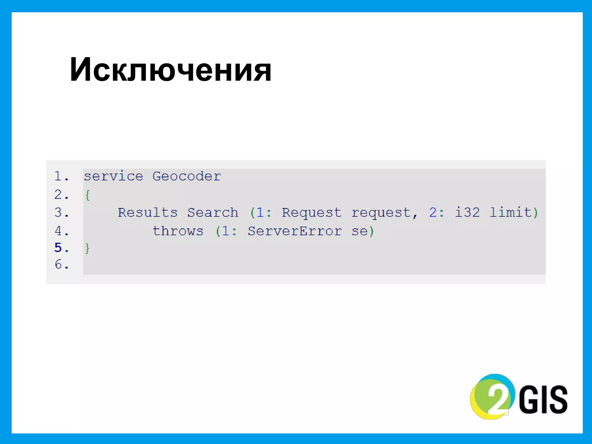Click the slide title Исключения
(171, 70)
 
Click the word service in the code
(113, 176)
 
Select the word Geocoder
(187, 176)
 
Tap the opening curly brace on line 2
(88, 195)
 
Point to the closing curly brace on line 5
(87, 248)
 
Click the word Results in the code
(147, 213)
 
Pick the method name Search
(213, 213)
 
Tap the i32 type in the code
(467, 213)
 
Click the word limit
(510, 213)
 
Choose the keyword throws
(178, 231)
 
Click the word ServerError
(295, 231)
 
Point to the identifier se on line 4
(359, 232)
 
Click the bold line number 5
(58, 248)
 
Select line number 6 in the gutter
(58, 264)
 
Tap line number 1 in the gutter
(58, 176)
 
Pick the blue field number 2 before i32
(433, 213)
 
